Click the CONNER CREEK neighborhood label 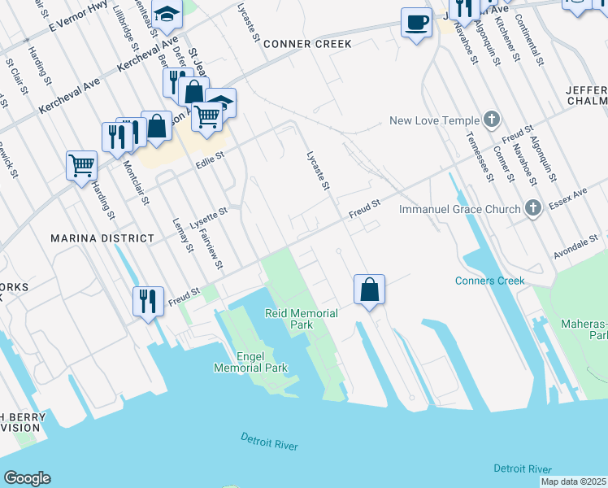(307, 43)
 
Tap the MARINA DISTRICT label (102, 238)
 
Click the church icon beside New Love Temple (491, 120)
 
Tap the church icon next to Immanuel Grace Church (532, 208)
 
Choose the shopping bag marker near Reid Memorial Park (369, 290)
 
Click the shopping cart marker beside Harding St (81, 166)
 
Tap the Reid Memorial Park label (302, 318)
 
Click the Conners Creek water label (489, 281)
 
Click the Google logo (27, 478)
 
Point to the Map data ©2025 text (573, 481)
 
